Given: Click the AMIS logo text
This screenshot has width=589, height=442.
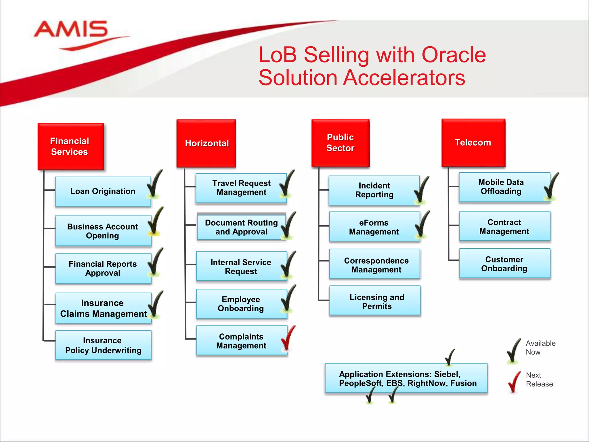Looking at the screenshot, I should click(x=71, y=29).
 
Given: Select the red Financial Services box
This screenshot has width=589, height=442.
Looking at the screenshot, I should click(x=70, y=146).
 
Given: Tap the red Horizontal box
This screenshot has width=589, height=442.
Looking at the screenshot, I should click(x=206, y=143).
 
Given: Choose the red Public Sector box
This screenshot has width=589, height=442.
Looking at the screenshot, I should click(x=340, y=143).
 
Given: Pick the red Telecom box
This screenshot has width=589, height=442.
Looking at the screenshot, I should click(x=473, y=142).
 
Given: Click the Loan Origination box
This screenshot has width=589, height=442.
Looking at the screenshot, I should click(x=103, y=191).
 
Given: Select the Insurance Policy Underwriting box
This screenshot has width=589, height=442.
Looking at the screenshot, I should click(x=103, y=345).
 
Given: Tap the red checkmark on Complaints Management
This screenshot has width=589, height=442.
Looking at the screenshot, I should click(x=288, y=338).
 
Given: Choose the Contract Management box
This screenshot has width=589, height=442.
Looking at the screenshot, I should click(x=504, y=226).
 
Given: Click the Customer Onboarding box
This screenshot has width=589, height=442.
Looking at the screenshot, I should click(x=504, y=264).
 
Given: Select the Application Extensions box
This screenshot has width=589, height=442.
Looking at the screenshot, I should click(x=406, y=378).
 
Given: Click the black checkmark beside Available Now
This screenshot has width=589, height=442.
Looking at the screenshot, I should click(x=514, y=350).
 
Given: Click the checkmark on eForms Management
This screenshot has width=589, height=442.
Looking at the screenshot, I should click(x=422, y=225).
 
